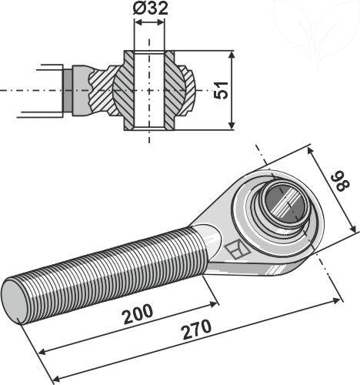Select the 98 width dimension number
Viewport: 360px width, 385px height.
click(x=335, y=183)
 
